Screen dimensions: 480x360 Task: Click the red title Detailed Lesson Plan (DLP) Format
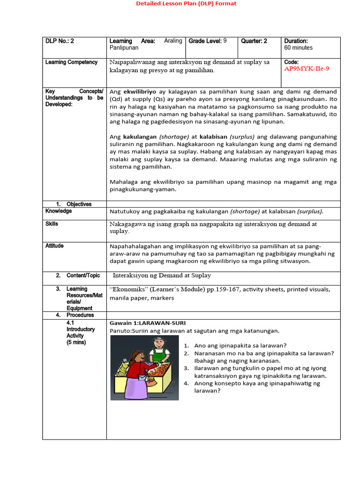[x=186, y=4]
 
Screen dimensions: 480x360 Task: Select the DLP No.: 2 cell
[x=60, y=41]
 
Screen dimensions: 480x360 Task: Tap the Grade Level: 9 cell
[x=208, y=41]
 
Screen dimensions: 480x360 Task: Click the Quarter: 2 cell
[x=254, y=41]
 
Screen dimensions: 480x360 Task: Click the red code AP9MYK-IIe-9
[x=307, y=69]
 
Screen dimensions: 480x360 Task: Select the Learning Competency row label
[x=71, y=62]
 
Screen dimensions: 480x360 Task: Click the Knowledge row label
[x=59, y=211]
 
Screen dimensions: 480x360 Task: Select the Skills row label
[x=52, y=224]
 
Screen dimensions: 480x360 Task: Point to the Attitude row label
[x=54, y=246]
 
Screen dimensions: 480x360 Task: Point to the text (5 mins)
[x=76, y=343]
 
